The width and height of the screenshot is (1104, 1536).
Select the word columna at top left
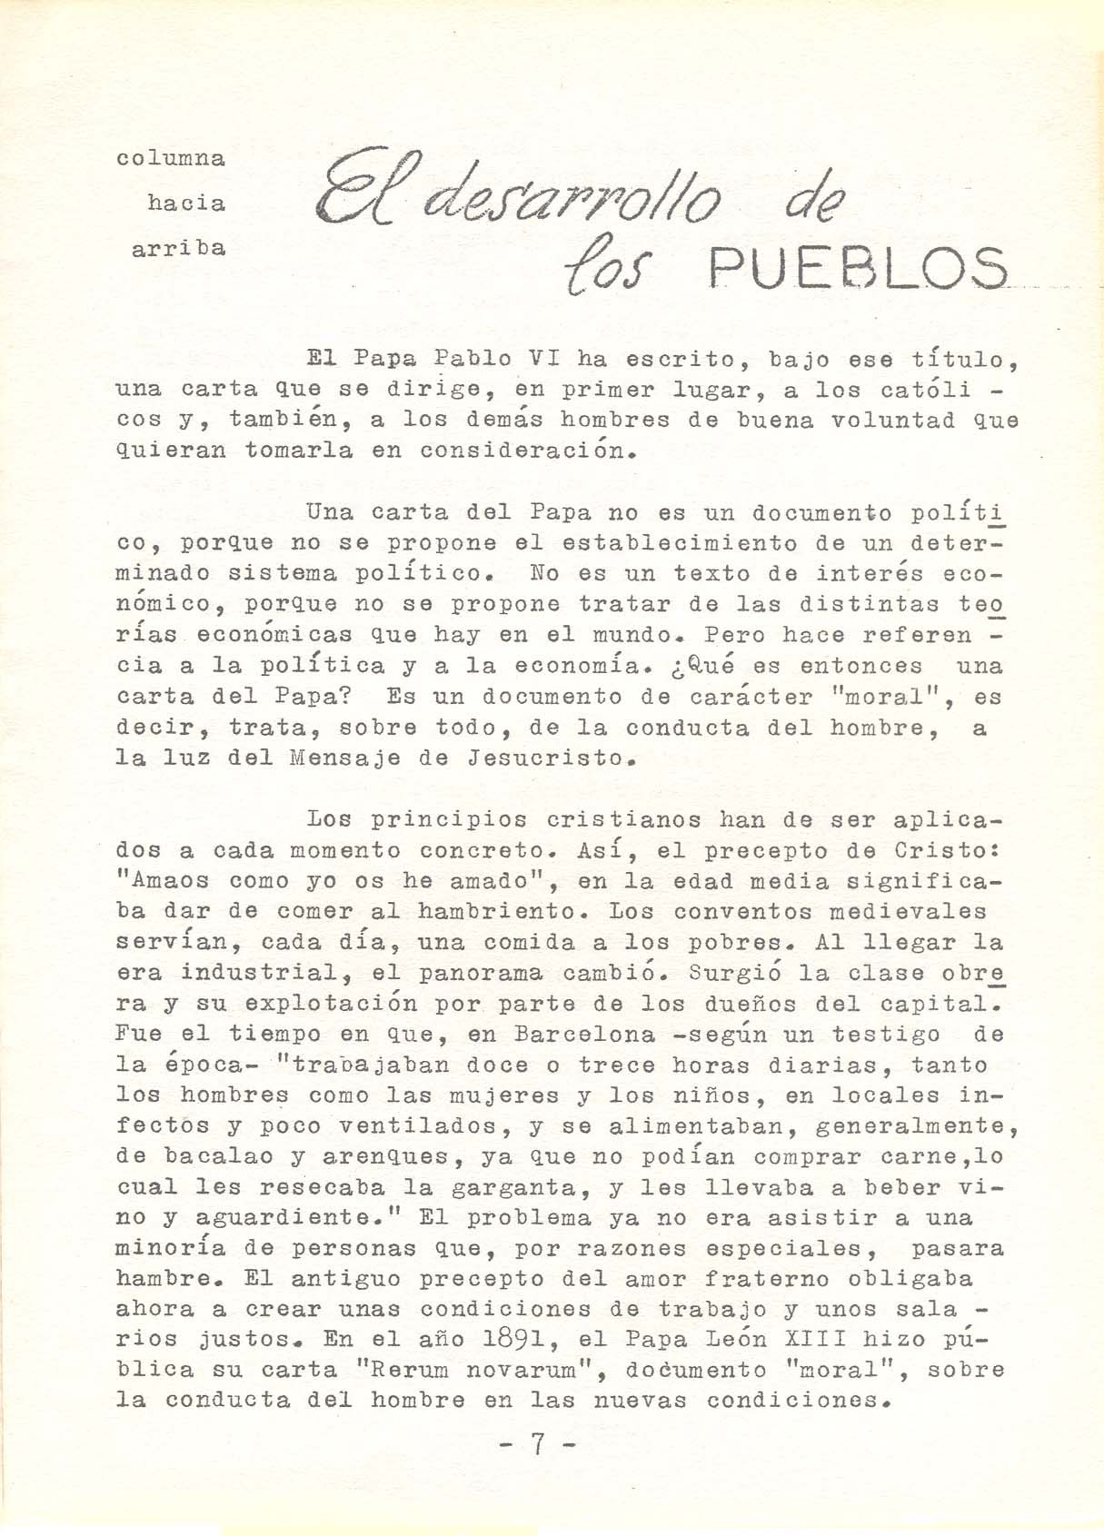[x=172, y=158]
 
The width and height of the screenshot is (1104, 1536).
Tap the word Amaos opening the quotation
[x=170, y=880]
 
